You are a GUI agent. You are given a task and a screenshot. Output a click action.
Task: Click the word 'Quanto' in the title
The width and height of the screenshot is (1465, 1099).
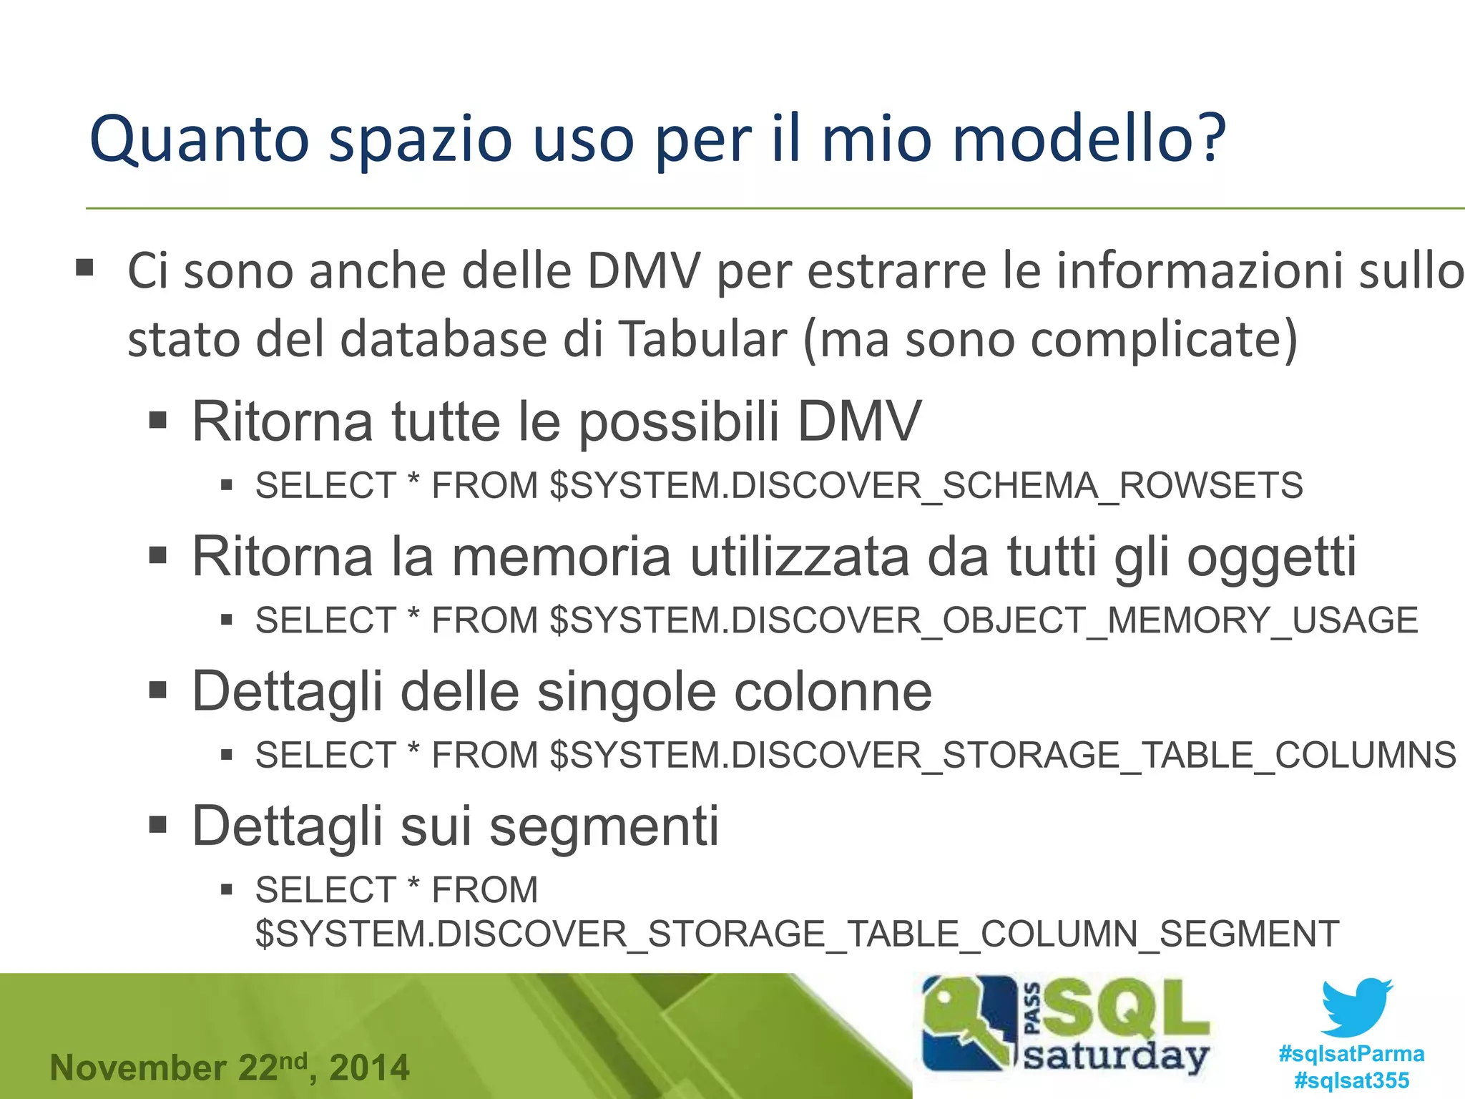tap(199, 139)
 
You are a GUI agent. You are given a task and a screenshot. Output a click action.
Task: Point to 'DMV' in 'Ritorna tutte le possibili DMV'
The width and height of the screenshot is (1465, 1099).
tap(858, 421)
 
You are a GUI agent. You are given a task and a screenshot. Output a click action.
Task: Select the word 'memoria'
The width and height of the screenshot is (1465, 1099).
tap(562, 556)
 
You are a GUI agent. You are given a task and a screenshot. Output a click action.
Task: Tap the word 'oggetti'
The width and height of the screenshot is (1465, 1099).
tap(1271, 557)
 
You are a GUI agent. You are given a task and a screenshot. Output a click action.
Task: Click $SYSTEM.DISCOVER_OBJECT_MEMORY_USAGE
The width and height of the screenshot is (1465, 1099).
tap(984, 620)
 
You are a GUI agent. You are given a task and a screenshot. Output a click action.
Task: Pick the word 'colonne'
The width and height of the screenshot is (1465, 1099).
tap(833, 691)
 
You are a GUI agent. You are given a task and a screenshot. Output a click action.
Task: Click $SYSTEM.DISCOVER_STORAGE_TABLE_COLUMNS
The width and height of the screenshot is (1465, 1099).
tap(1003, 755)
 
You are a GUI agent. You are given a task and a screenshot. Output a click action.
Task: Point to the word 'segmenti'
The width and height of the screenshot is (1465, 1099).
tap(604, 826)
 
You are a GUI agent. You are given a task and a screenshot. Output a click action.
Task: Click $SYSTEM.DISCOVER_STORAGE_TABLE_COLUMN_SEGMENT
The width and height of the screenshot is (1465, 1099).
tap(797, 934)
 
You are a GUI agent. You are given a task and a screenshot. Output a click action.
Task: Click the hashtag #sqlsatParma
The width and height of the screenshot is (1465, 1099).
tap(1351, 1054)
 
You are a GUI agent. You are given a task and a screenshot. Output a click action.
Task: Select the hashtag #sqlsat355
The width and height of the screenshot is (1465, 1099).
tap(1351, 1080)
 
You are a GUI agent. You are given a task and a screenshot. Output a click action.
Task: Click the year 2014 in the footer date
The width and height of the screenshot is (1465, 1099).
tap(369, 1068)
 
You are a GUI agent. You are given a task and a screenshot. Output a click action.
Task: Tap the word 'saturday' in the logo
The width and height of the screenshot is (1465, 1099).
tap(1116, 1057)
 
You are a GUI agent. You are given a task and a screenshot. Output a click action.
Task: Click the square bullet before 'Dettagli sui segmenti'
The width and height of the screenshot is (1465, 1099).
tap(158, 825)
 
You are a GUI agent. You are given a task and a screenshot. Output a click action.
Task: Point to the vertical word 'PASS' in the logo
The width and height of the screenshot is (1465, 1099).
tap(1033, 1009)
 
